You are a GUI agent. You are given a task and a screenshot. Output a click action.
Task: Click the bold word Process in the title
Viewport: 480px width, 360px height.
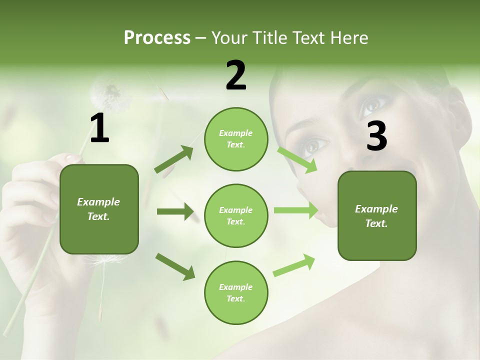[157, 38]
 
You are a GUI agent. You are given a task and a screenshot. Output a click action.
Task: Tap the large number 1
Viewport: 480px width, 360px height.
[99, 128]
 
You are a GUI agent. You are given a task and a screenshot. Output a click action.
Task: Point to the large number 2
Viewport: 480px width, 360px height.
[236, 75]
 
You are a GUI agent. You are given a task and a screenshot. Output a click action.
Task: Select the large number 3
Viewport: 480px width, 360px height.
[376, 136]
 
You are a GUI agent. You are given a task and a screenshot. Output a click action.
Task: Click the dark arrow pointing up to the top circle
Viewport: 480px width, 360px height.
[174, 159]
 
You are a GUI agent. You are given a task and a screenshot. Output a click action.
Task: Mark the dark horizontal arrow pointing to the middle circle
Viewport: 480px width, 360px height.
[175, 211]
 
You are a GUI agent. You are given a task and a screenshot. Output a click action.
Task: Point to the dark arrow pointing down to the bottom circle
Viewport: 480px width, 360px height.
[175, 266]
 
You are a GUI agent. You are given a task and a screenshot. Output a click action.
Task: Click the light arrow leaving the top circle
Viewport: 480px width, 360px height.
[297, 159]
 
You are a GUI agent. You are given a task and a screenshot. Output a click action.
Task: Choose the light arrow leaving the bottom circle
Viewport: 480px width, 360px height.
[294, 265]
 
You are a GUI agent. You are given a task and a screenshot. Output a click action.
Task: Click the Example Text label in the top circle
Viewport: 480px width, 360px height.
[236, 139]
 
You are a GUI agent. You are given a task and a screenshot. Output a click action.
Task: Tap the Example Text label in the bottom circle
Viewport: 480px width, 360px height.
[236, 293]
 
